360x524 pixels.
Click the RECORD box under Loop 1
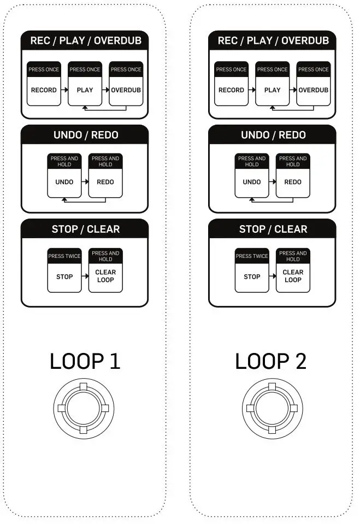[44, 90]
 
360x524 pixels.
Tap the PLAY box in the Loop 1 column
[85, 90]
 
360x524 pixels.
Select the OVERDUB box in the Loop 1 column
[126, 90]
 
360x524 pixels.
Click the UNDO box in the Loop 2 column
[252, 182]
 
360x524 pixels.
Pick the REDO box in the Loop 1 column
[105, 182]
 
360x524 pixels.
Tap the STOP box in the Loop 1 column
[64, 276]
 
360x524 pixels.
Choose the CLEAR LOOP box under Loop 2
[293, 275]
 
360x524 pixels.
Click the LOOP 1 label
[85, 361]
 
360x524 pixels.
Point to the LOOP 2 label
[271, 361]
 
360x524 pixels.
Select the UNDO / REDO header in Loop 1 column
[85, 135]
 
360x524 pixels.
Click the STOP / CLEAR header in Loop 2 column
[272, 229]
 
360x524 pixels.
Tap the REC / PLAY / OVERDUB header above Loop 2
[272, 40]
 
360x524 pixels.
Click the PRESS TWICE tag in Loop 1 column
[64, 256]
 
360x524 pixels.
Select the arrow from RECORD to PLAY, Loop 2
[252, 90]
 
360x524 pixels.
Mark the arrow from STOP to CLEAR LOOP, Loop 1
[85, 276]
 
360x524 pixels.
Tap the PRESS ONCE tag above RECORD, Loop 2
[231, 69]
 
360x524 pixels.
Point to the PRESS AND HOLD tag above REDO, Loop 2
[293, 161]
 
